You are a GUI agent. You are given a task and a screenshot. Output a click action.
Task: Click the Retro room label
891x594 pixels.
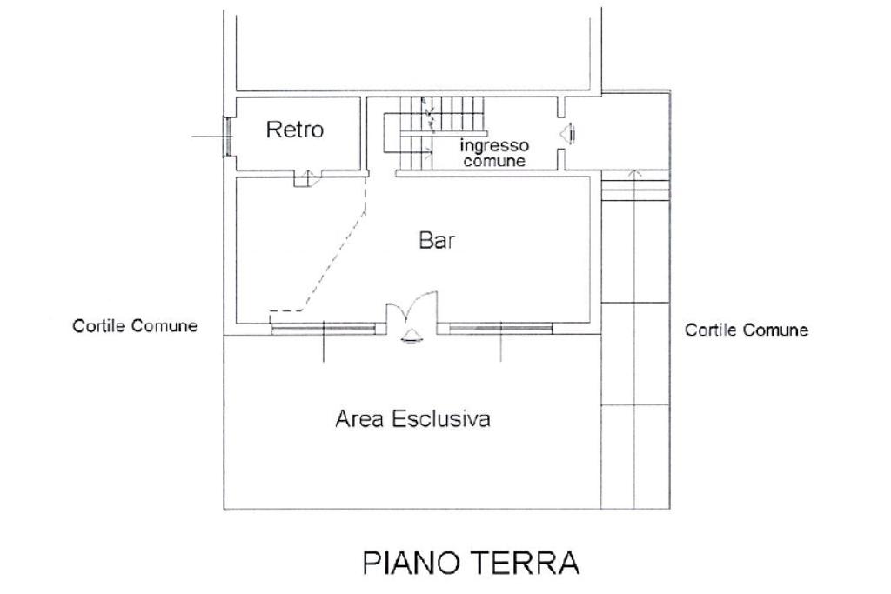coord(294,130)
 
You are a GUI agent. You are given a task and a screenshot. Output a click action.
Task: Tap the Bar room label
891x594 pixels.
coord(438,241)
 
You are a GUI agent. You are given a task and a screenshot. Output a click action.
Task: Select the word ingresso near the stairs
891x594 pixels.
coord(494,146)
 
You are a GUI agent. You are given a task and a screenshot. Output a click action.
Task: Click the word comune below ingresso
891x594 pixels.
coord(494,161)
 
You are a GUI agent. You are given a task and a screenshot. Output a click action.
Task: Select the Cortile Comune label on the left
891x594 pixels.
coord(135,326)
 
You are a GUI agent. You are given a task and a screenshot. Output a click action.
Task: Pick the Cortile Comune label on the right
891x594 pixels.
coord(747,330)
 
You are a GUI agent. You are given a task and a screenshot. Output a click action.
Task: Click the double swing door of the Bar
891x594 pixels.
coord(412,311)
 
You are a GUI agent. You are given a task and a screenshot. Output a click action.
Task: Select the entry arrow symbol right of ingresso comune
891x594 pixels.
coord(568,134)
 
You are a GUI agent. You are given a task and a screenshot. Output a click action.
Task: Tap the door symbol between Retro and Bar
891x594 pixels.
coord(304,179)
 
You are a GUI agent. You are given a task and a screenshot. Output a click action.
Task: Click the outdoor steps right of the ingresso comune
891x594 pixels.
coord(636,186)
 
